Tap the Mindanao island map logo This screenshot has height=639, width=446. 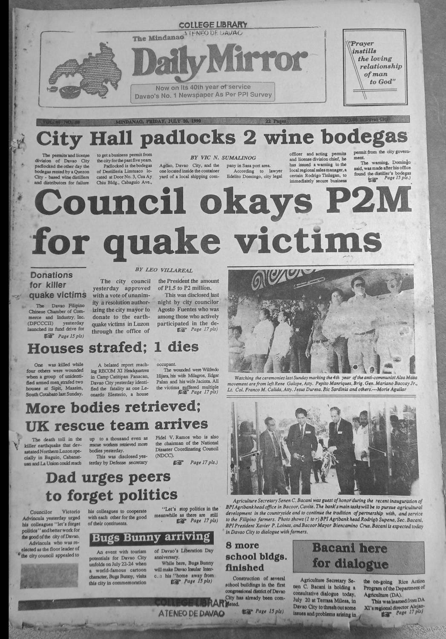coord(87,72)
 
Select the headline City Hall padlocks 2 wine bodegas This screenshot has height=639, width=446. coord(221,138)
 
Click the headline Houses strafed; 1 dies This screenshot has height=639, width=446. coord(113,348)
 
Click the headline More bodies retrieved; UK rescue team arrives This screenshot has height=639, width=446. coord(117,416)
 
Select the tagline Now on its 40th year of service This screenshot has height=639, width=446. coord(202,87)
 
